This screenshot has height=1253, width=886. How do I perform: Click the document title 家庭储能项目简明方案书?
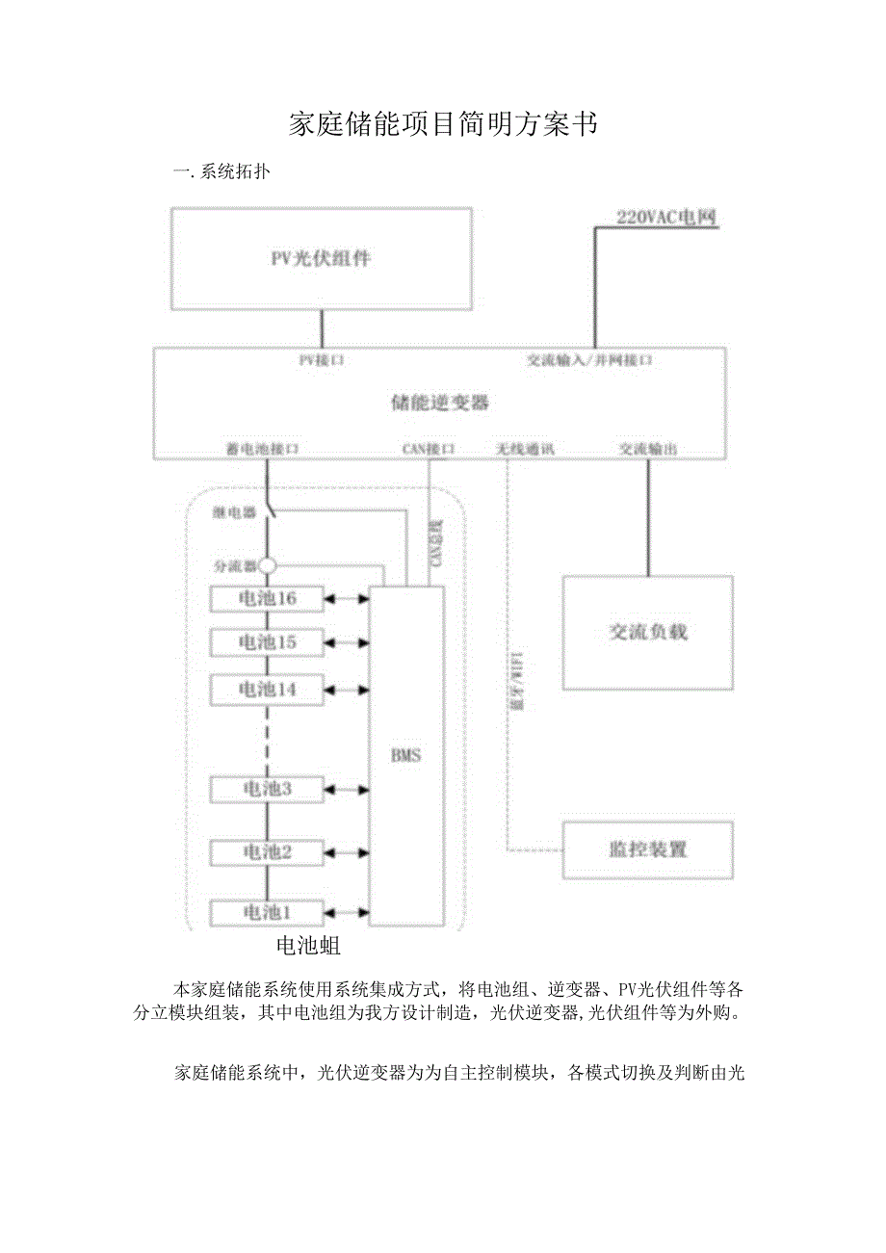(443, 125)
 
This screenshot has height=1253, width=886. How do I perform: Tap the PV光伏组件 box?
(321, 258)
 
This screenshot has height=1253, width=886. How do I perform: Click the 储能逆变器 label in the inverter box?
(439, 403)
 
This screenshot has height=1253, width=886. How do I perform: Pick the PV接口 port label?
(321, 360)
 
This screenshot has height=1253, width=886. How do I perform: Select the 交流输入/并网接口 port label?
(589, 360)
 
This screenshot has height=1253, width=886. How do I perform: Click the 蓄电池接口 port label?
(262, 449)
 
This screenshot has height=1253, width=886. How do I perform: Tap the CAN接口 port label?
(428, 449)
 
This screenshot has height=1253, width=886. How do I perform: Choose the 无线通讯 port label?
(525, 449)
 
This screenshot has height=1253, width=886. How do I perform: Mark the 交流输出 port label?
(647, 449)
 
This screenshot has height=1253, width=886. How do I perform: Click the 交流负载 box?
(647, 632)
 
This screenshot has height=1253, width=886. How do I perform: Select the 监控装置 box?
(647, 849)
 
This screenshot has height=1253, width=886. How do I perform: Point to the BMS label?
(405, 756)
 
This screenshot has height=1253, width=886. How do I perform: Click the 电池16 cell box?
(268, 599)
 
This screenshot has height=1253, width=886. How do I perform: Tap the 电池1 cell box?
(268, 911)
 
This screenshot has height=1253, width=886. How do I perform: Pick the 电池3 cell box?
(268, 789)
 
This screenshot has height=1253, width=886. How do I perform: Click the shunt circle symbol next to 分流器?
(268, 565)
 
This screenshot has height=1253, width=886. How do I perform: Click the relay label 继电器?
(235, 513)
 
